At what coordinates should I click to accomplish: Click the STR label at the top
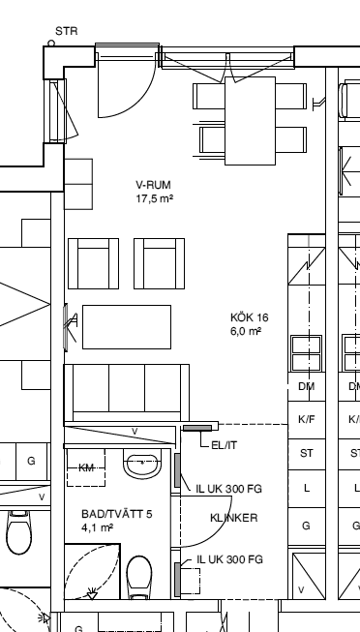click(67, 31)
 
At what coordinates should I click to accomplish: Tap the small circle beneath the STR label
click(51, 43)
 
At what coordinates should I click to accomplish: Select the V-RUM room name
click(153, 185)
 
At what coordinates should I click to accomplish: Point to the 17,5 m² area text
click(155, 198)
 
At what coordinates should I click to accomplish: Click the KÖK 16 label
click(249, 317)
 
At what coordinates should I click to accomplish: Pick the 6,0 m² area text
click(246, 331)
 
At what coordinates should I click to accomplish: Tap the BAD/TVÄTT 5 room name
click(117, 514)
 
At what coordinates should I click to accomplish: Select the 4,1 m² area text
click(97, 527)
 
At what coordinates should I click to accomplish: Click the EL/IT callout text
click(225, 445)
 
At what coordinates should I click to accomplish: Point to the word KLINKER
click(234, 518)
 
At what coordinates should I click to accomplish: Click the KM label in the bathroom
click(86, 468)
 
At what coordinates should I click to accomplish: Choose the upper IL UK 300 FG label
click(229, 489)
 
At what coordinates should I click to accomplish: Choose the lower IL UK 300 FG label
click(229, 559)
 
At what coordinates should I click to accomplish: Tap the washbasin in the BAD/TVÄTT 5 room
click(142, 464)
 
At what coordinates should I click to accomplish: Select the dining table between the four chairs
click(250, 121)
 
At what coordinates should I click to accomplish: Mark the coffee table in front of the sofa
click(127, 327)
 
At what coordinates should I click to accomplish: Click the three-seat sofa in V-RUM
click(127, 393)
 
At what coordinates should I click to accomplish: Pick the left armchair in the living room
click(93, 263)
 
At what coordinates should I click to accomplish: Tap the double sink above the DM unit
click(307, 353)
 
